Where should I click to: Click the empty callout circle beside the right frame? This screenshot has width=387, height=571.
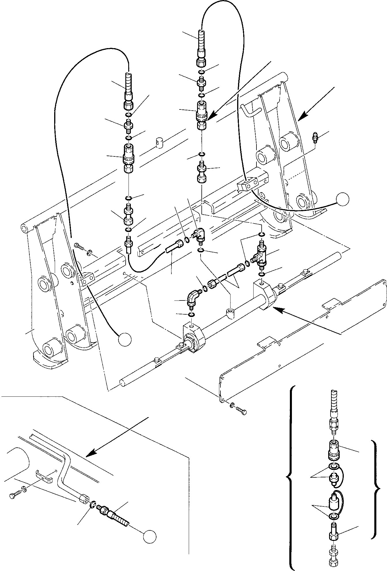343,199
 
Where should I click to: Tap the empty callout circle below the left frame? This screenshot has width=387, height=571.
125,339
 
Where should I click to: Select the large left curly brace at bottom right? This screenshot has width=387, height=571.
290,478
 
